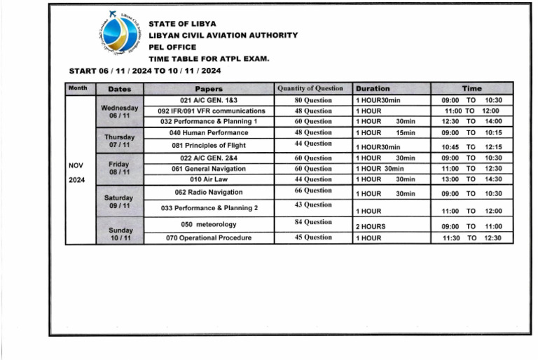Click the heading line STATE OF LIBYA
(x=182, y=24)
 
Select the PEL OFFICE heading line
(x=172, y=47)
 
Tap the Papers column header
(x=209, y=89)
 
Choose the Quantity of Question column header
(x=310, y=88)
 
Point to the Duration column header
(x=373, y=89)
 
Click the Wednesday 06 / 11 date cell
(x=120, y=112)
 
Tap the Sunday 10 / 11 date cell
(x=120, y=234)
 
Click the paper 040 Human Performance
(x=209, y=132)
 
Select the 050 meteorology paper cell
(x=208, y=224)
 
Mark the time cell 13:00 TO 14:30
(x=471, y=180)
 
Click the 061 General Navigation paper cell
(x=209, y=169)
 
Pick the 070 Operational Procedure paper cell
(x=209, y=238)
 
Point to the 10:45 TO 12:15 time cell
(x=471, y=147)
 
